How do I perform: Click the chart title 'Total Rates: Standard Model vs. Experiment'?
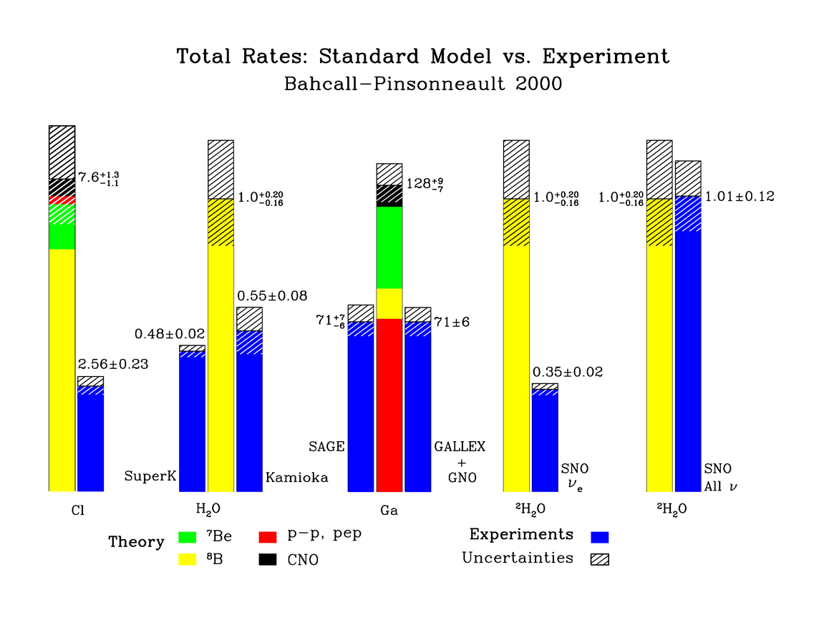click(423, 57)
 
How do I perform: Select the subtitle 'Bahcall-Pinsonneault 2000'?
click(423, 84)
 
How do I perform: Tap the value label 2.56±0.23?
click(113, 364)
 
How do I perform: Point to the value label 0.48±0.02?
click(170, 334)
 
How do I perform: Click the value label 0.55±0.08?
click(271, 295)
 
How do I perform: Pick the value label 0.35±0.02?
click(568, 372)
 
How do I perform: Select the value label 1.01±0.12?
click(740, 196)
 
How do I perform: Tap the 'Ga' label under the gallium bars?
click(389, 511)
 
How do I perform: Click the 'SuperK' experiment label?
click(150, 476)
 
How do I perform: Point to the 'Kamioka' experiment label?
click(297, 477)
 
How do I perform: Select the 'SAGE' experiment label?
click(326, 447)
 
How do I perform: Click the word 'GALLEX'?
click(460, 447)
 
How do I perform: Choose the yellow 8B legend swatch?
click(187, 559)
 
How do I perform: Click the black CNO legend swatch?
click(267, 559)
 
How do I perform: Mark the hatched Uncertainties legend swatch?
click(600, 559)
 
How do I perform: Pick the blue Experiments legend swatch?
click(600, 536)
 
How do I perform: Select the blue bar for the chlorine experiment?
click(90, 443)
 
